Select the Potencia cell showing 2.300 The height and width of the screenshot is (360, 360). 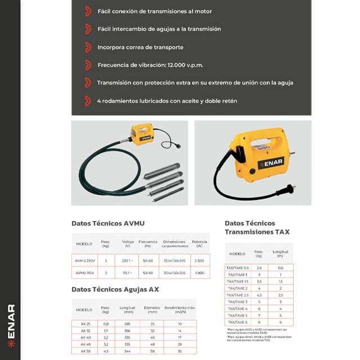[x=198, y=260]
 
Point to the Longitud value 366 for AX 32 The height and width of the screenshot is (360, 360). [x=126, y=331]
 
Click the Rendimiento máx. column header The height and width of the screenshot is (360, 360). [x=179, y=309]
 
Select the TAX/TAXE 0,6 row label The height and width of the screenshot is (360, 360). [x=237, y=268]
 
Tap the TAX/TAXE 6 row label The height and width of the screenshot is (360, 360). [x=237, y=322]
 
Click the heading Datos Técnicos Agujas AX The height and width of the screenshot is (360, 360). [x=115, y=289]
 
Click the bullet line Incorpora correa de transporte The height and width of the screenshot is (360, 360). [x=141, y=47]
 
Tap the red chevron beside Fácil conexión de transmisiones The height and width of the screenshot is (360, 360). [x=87, y=11]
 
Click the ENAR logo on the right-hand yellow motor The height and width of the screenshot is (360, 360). [x=268, y=163]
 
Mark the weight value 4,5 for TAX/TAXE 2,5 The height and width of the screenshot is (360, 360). [x=259, y=295]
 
